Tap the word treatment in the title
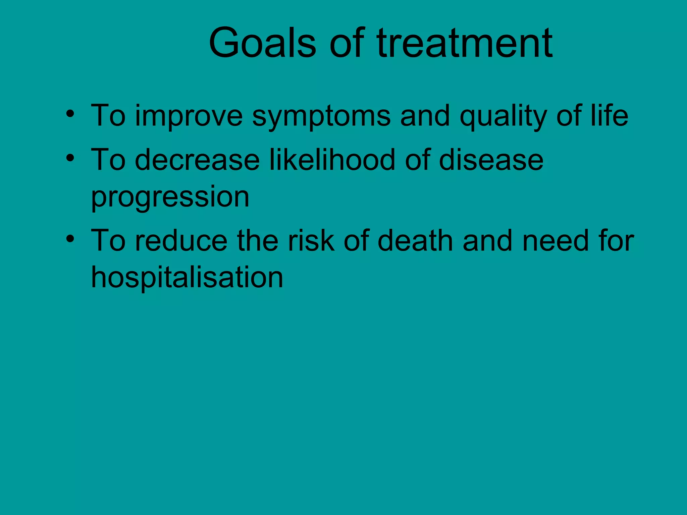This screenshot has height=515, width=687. click(x=465, y=44)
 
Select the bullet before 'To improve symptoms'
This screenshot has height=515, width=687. click(x=70, y=113)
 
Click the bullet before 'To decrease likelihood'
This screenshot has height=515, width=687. click(x=70, y=158)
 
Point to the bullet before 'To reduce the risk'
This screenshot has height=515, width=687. click(x=70, y=239)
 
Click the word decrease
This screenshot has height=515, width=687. click(x=197, y=160)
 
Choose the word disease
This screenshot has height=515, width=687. click(x=491, y=160)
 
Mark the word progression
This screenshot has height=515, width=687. click(x=170, y=198)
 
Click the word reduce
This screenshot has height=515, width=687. click(x=181, y=241)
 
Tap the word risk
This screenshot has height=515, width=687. click(x=312, y=241)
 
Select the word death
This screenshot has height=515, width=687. click(x=415, y=241)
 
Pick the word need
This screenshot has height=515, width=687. click(x=556, y=241)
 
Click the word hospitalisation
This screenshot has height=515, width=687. click(x=187, y=278)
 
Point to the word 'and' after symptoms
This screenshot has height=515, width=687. click(x=425, y=116)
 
